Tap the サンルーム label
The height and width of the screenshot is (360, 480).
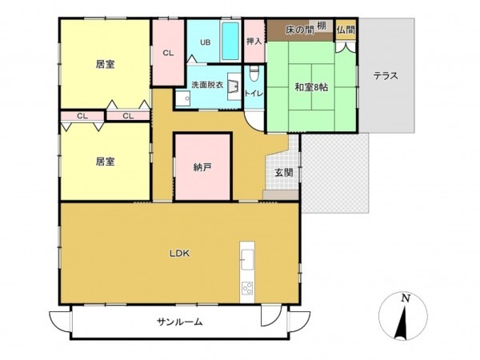click(x=179, y=322)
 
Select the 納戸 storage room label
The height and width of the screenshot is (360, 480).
click(x=202, y=167)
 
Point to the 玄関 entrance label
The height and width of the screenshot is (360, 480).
click(x=284, y=172)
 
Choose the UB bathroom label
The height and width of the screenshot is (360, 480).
click(x=205, y=42)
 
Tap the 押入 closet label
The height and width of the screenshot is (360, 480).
click(x=254, y=41)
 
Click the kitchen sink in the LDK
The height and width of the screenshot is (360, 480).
click(x=246, y=259)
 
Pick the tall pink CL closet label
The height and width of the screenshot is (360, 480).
click(x=169, y=53)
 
